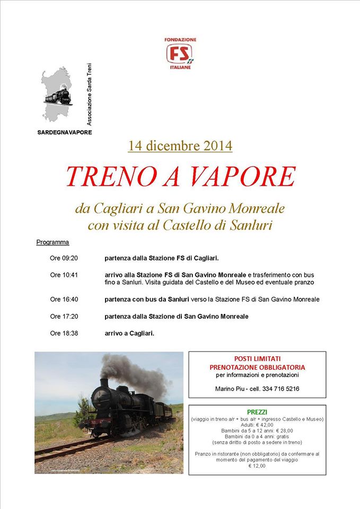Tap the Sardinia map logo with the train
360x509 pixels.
click(x=58, y=95)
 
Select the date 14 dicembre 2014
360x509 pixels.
click(x=180, y=145)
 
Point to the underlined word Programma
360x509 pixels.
click(x=52, y=242)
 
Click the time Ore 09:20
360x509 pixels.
click(x=64, y=258)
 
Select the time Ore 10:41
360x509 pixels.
click(x=64, y=275)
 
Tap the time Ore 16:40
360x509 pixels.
click(x=64, y=300)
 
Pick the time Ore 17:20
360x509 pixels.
click(x=64, y=317)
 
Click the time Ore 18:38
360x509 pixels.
click(x=64, y=334)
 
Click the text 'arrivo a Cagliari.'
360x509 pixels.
click(x=129, y=334)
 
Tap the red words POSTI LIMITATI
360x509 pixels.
click(x=257, y=358)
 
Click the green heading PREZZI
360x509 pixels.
click(x=257, y=412)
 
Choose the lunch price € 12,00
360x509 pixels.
click(x=257, y=466)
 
